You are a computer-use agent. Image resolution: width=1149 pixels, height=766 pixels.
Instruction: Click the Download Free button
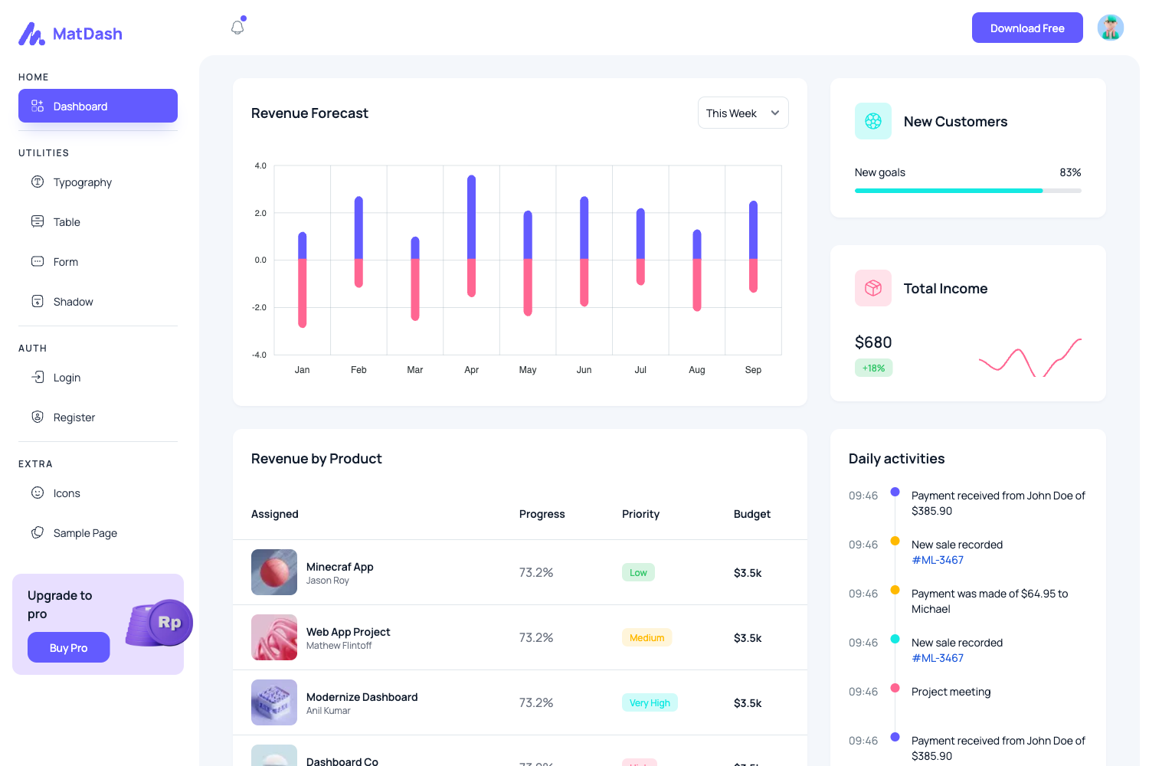pos(1026,28)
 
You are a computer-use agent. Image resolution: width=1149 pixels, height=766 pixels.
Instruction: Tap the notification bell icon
pos(237,28)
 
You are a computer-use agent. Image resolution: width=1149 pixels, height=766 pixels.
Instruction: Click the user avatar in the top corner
pos(1110,28)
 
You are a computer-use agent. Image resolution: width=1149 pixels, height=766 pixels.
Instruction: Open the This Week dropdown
pos(742,113)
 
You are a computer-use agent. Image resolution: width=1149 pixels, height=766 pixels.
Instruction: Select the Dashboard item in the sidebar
pos(98,106)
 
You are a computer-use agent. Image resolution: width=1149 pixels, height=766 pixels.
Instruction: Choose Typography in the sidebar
pos(82,182)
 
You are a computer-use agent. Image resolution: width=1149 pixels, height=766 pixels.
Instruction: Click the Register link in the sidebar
pos(74,417)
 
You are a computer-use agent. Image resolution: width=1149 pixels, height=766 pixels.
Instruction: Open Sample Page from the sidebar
pos(85,533)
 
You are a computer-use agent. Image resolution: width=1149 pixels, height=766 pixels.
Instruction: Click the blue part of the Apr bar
pos(471,218)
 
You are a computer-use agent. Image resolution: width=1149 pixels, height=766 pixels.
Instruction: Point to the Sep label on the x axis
pos(753,370)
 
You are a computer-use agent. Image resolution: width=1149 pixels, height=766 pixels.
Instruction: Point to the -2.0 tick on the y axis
pos(260,307)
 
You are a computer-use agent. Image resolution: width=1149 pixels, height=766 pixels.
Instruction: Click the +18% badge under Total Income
pos(873,368)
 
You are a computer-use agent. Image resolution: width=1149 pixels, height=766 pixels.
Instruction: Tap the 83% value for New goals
pos(1070,172)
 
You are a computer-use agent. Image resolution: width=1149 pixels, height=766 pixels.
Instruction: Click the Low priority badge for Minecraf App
pos(638,573)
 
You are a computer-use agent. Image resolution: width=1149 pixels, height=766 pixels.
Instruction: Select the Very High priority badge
pos(650,703)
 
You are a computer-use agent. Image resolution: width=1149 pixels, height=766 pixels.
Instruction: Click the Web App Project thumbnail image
pos(274,637)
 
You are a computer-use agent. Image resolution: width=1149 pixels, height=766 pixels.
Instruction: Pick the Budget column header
pos(751,514)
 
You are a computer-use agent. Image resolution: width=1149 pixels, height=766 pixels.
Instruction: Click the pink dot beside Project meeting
pos(895,688)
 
